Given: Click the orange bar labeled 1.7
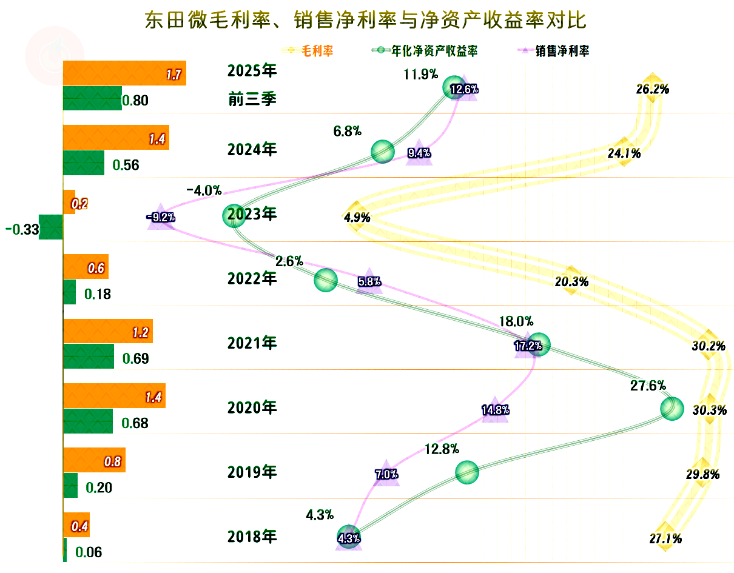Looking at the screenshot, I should [x=124, y=73].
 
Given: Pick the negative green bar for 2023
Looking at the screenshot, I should [x=51, y=227].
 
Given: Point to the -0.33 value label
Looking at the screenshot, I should [x=22, y=229].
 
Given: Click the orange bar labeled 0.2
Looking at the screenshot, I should [x=69, y=202].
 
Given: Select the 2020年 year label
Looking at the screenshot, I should [x=252, y=407].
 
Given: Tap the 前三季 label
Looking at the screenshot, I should [x=252, y=99].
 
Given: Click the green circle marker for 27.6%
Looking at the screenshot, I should [x=672, y=409].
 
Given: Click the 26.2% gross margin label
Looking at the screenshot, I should [x=653, y=89].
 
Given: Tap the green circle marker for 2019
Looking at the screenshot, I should [x=466, y=472].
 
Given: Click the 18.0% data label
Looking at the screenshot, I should [x=516, y=321].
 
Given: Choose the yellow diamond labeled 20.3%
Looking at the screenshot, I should [x=570, y=280].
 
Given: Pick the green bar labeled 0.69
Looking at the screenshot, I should [x=89, y=356].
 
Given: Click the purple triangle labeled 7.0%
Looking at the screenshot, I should [x=386, y=474].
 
